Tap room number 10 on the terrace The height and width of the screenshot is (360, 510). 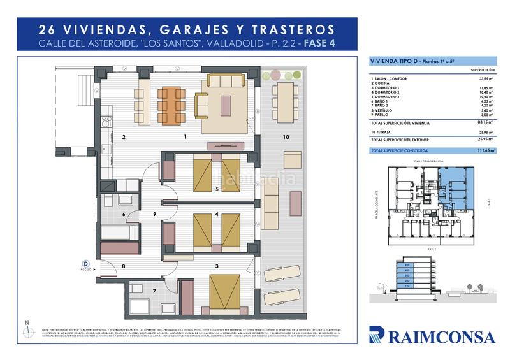[286, 137]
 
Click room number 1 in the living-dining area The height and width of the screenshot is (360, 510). [185, 137]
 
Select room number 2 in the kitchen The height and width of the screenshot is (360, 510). [124, 137]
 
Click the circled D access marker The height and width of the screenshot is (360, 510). [85, 263]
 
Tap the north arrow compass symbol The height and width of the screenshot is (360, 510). [26, 329]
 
